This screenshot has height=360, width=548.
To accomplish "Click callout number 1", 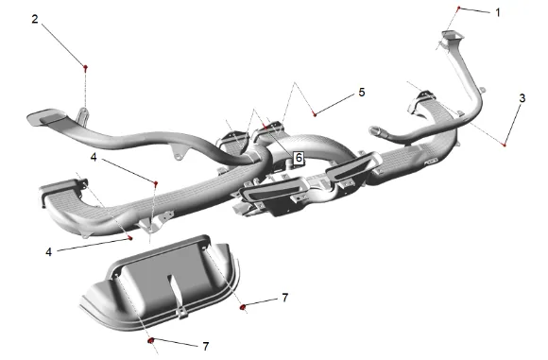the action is (x=498, y=12).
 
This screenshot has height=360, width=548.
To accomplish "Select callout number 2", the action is (x=35, y=19).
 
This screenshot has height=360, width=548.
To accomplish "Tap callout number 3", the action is (x=522, y=98).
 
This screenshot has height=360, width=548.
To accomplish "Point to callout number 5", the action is (x=361, y=93).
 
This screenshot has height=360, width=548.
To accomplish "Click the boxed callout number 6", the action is (x=299, y=158).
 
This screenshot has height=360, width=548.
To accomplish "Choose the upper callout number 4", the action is (x=94, y=157).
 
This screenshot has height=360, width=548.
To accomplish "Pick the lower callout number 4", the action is (x=48, y=251).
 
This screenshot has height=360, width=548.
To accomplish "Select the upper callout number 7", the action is (x=285, y=298).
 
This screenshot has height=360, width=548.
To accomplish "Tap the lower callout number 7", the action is (x=206, y=346).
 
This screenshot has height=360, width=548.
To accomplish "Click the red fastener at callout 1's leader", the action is (x=459, y=8).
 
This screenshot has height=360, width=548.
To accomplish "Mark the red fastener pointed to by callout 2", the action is (x=85, y=67).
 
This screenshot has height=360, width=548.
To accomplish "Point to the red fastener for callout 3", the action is (x=504, y=145).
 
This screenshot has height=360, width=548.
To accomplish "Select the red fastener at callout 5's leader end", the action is (x=315, y=114).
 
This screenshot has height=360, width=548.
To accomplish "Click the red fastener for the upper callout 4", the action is (x=156, y=182).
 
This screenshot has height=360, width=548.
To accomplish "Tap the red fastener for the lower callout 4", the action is (x=130, y=238).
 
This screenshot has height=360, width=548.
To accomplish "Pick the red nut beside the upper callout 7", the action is (x=242, y=307).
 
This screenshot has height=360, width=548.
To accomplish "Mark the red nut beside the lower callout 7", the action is (x=151, y=340).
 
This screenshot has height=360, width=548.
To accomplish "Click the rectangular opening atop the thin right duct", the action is (x=453, y=35).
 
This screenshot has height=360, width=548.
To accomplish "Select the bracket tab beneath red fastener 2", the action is (x=83, y=116).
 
